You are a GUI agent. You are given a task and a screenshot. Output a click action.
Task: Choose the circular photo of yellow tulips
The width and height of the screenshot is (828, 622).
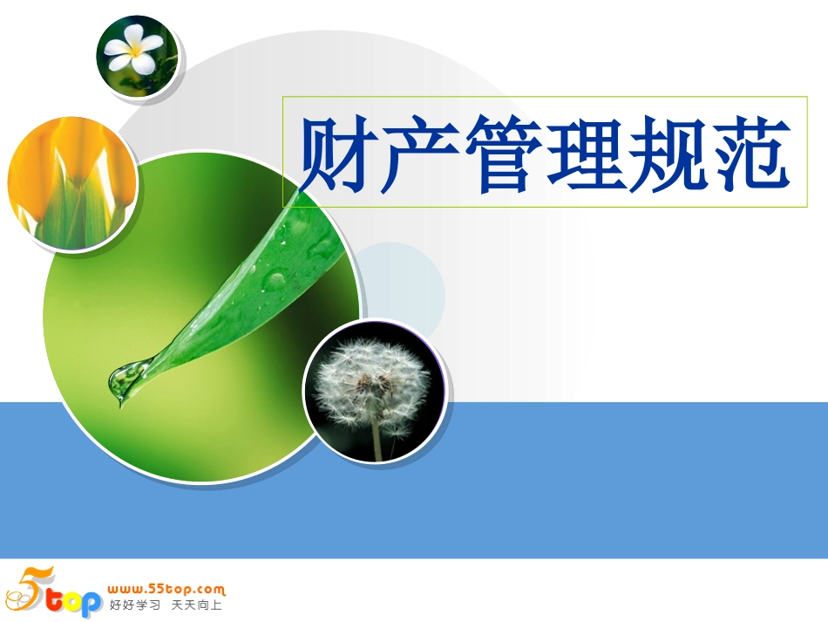pyautogui.click(x=71, y=183)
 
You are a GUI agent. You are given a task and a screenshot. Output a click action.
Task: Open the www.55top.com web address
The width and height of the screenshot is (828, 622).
pyautogui.click(x=166, y=589)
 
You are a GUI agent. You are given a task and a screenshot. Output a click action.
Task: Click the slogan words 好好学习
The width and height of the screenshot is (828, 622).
pyautogui.click(x=135, y=605)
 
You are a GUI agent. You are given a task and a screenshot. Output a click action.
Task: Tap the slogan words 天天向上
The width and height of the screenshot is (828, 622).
pyautogui.click(x=197, y=605)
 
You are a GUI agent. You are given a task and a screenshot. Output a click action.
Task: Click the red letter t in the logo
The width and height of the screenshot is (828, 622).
pyautogui.click(x=55, y=602)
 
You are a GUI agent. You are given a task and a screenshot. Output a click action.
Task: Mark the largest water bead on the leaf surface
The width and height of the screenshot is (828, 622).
pyautogui.click(x=275, y=279)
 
